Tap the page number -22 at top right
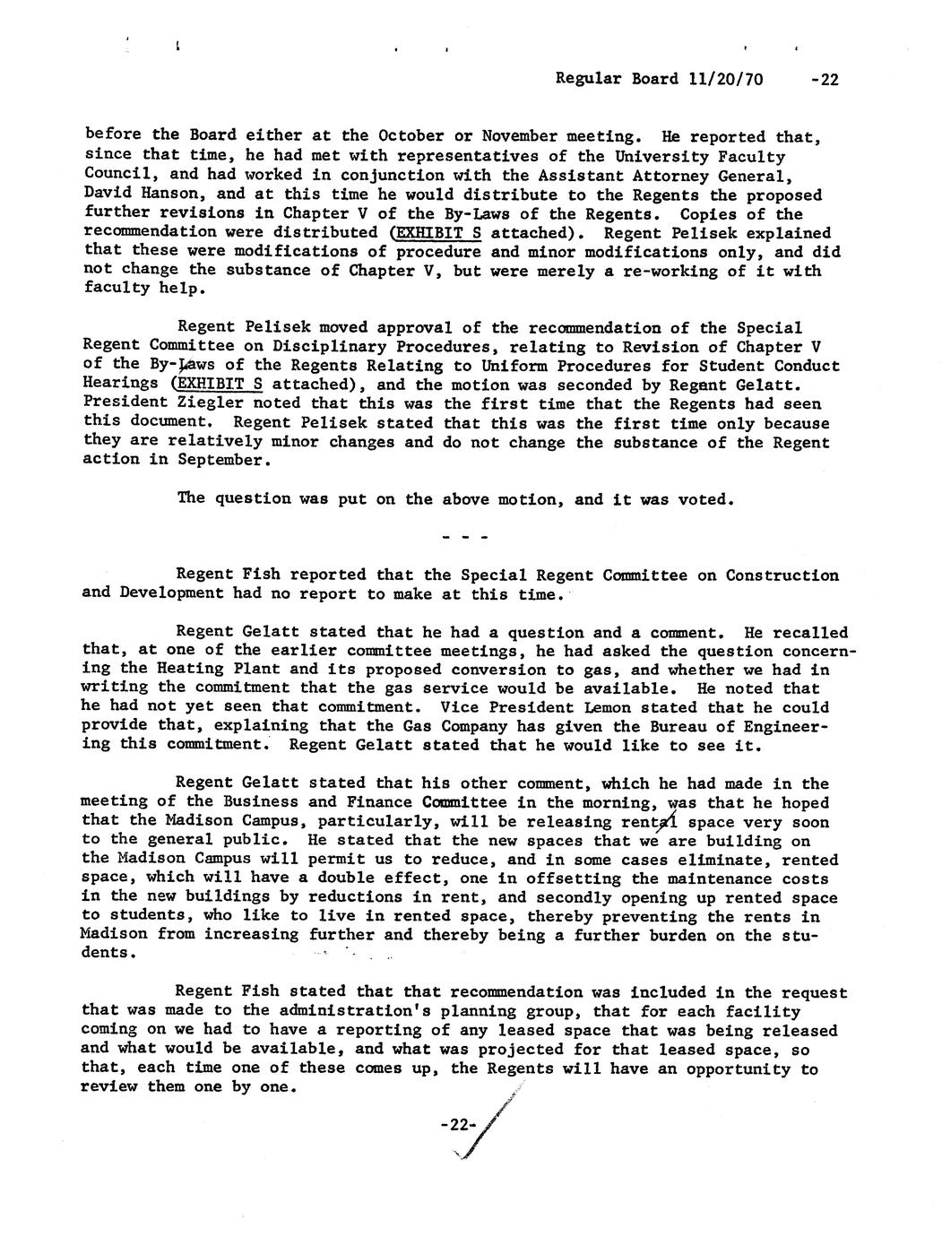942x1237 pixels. pos(822,79)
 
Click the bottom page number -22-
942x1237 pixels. pos(456,1127)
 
